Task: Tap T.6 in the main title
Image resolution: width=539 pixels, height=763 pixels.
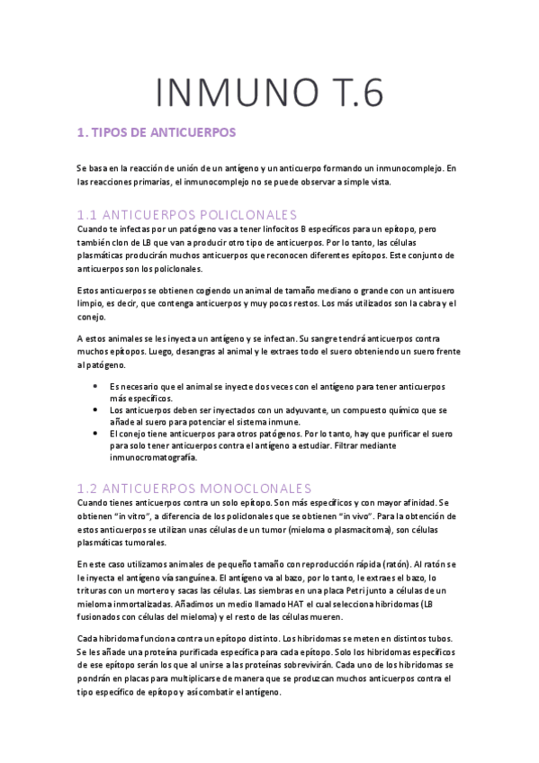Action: [346, 93]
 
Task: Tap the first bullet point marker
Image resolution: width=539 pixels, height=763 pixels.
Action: [96, 385]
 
